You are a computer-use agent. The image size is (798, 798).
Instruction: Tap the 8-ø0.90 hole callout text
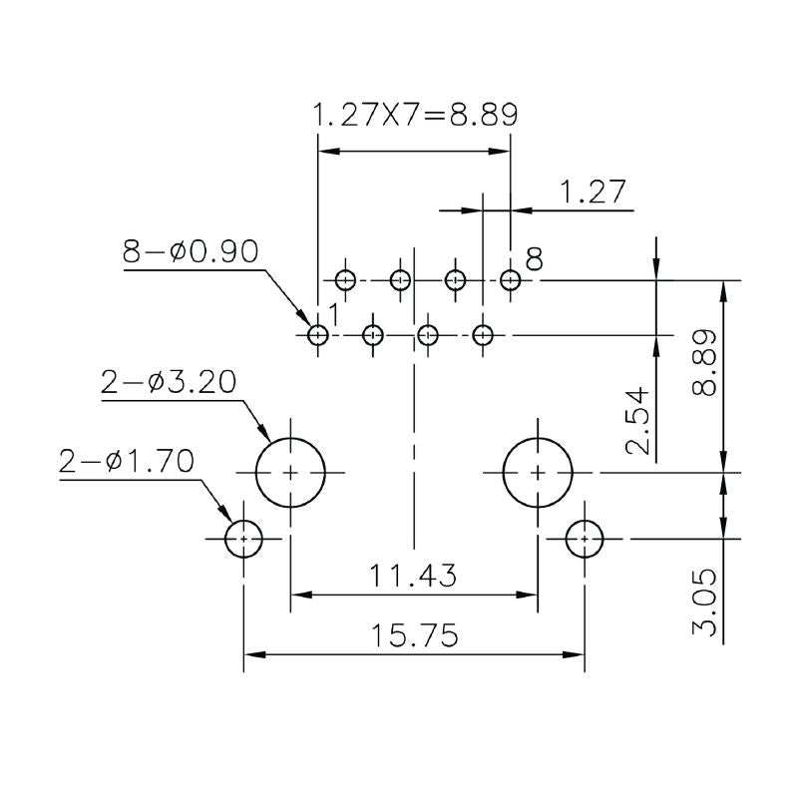pos(190,251)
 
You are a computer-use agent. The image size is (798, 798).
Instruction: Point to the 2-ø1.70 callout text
pos(127,461)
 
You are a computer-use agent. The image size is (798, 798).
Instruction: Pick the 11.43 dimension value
pos(413,576)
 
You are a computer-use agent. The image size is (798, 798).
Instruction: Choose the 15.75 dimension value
pos(413,635)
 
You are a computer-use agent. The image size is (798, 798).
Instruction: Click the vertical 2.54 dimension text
pos(639,419)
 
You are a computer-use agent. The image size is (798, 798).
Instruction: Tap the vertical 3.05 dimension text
pos(704,601)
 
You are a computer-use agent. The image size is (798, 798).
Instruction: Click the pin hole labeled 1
pos(318,335)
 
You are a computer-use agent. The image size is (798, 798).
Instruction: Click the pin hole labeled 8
pos(511,280)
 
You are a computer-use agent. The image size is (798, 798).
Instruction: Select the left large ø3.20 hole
pos(291,472)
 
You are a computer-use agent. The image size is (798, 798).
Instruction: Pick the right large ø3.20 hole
pos(538,472)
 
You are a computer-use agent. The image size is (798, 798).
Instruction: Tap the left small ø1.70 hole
pos(243,540)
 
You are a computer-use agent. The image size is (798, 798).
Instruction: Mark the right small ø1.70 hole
pos(585,540)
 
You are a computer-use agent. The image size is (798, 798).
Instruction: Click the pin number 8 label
pos(534,261)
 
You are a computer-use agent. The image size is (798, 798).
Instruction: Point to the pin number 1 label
pos(335,315)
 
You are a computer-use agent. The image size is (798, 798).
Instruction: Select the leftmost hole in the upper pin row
pos(346,280)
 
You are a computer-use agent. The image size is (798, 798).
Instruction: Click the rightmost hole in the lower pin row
pos(483,335)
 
